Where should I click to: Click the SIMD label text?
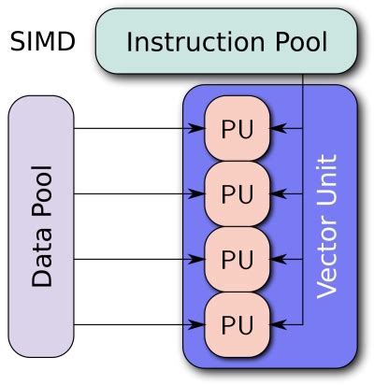click(42, 42)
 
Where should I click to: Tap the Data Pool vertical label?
click(41, 227)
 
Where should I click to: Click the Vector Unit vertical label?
click(326, 227)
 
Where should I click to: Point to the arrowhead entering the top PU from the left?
click(197, 129)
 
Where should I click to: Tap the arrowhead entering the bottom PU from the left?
click(197, 324)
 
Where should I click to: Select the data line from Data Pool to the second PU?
click(131, 194)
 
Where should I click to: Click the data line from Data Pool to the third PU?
click(131, 259)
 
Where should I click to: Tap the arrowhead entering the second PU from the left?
click(197, 194)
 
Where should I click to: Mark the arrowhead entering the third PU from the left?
click(197, 259)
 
